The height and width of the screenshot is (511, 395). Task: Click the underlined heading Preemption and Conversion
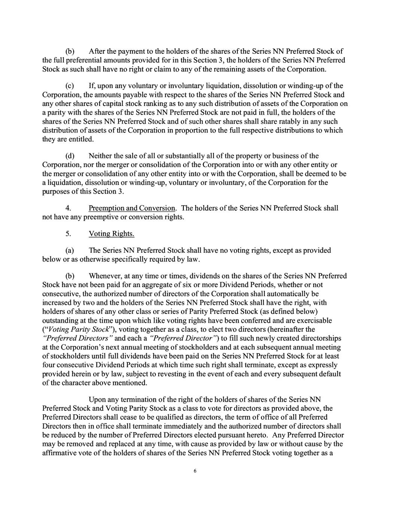click(x=132, y=208)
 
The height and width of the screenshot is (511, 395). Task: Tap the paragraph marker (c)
click(x=70, y=86)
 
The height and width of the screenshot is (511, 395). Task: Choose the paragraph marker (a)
click(x=70, y=250)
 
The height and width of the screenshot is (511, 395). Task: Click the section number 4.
click(x=68, y=208)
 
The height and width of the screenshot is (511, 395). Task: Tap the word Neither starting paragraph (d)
click(x=100, y=156)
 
